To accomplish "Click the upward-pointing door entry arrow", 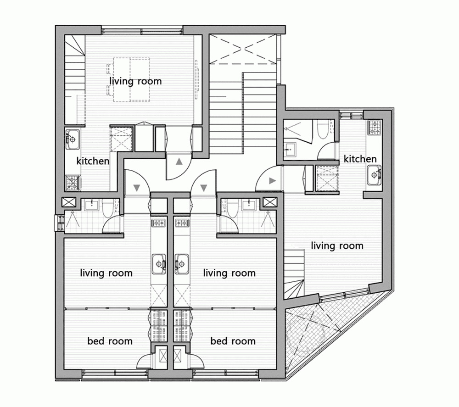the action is (x=179, y=161).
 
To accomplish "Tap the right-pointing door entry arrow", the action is (x=273, y=181).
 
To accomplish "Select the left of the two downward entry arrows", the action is (x=137, y=188).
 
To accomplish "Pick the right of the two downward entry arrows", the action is (x=204, y=188).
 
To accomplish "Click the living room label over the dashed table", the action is (x=135, y=81).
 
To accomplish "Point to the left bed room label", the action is (x=110, y=341).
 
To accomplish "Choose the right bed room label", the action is (x=233, y=341).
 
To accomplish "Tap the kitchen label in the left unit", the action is (x=93, y=161).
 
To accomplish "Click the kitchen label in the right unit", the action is (x=360, y=159).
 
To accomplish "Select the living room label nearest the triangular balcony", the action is (x=337, y=245).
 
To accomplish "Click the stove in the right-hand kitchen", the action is (x=375, y=128).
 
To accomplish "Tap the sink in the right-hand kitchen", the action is (x=375, y=175).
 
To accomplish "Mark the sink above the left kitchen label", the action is (x=73, y=139).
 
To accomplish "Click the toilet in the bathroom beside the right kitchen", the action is (x=323, y=129).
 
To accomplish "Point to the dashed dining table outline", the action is (x=131, y=80).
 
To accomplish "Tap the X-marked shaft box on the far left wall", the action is (x=69, y=202).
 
